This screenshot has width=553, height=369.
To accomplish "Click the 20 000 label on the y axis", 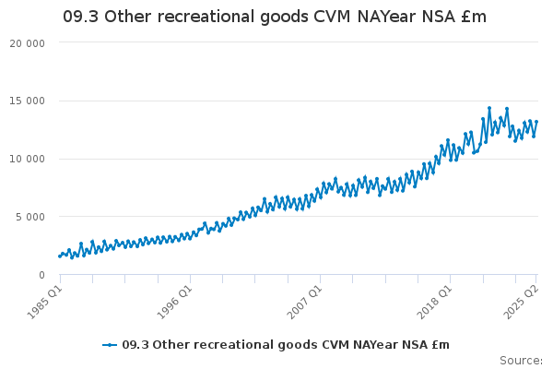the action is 27,43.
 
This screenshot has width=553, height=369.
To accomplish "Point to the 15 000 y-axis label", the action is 27,101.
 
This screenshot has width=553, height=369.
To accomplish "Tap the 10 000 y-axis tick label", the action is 27,159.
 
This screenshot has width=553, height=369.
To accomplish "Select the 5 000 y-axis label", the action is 30,217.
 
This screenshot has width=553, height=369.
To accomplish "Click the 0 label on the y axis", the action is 42,275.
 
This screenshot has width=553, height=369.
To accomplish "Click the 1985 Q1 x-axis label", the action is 45,302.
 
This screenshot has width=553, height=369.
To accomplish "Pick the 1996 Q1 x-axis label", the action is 174,302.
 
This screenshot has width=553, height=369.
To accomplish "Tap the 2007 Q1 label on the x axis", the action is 304,302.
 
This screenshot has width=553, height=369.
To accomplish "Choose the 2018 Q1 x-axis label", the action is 434,302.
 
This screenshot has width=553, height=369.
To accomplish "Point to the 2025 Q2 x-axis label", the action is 522,302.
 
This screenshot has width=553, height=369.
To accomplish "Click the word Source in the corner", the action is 520,361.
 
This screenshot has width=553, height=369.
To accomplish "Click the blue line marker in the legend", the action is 110,345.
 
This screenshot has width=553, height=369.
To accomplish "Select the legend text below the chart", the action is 286,345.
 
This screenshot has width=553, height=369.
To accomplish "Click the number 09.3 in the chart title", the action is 81,17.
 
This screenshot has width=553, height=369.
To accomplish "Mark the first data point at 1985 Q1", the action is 60,256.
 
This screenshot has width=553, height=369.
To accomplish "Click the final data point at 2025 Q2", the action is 536,122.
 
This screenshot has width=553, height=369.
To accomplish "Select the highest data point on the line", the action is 489,108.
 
